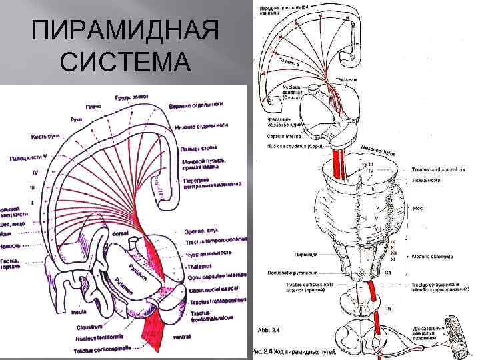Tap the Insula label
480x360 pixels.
[79, 311]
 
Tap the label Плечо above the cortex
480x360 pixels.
[93, 106]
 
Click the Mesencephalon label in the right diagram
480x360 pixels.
[378, 147]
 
